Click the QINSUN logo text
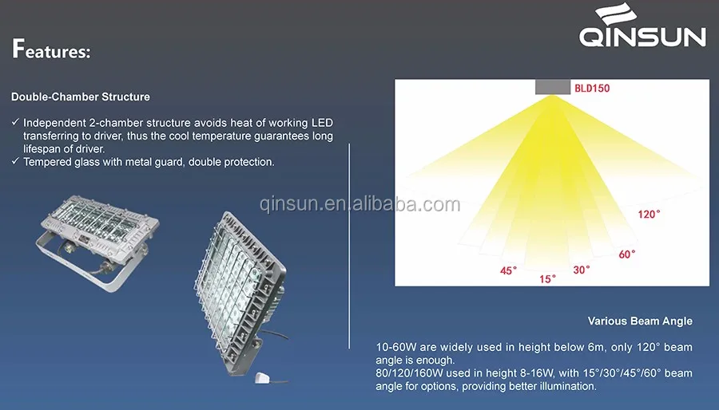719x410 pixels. [642, 37]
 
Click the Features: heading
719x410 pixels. [51, 49]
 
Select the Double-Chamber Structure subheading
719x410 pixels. [80, 97]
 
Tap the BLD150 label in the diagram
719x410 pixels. [592, 88]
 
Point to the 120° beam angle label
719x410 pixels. [649, 214]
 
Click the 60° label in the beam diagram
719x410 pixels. [627, 254]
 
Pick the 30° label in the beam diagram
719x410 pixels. [582, 270]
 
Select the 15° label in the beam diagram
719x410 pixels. [547, 278]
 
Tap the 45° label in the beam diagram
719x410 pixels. [508, 271]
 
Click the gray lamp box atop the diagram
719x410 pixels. [553, 87]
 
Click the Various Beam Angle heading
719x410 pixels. [640, 321]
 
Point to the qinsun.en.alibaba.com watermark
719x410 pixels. [360, 203]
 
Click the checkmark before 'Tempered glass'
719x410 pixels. [16, 161]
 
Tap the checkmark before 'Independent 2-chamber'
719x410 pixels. [16, 122]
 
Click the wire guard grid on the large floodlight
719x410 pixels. [229, 279]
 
